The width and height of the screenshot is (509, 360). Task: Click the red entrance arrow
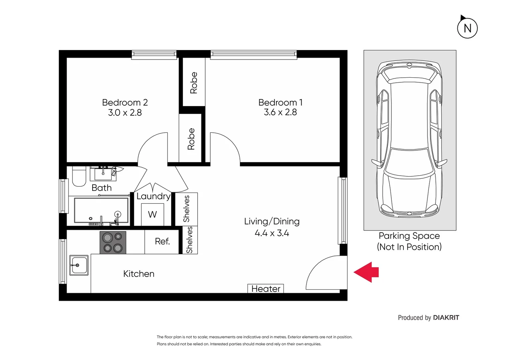coord(366,272)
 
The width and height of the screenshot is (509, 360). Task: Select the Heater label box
coord(265,289)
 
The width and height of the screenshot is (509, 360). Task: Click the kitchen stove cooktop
coord(113,242)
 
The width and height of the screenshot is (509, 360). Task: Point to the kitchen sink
coord(79,265)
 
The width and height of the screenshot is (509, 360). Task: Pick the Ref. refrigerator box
coord(162,242)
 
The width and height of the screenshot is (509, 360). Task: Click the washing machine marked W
coord(153,214)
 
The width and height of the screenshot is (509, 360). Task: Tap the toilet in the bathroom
coord(79,176)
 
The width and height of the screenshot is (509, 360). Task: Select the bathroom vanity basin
coord(103,174)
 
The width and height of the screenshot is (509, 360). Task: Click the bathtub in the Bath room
coord(101,210)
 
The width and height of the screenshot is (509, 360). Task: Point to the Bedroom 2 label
coord(125,102)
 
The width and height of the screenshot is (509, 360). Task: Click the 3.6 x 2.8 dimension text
coord(280,112)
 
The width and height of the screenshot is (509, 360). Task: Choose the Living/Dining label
coord(272,221)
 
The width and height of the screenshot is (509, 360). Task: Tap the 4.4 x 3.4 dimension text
coord(272,233)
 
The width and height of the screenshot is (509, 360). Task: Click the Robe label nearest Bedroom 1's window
coord(194,83)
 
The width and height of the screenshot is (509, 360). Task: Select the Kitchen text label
coord(139,274)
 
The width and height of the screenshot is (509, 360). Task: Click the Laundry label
coord(153,196)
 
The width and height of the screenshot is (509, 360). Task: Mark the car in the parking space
coord(409,138)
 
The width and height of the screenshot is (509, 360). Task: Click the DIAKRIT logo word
coord(446,317)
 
